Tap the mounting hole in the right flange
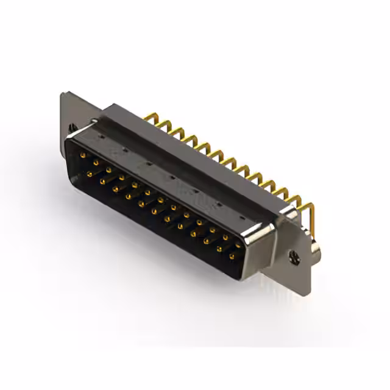click(295, 258)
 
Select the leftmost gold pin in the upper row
click(82, 156)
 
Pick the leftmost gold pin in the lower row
click(90, 174)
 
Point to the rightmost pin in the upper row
click(238, 245)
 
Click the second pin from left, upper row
click(95, 163)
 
